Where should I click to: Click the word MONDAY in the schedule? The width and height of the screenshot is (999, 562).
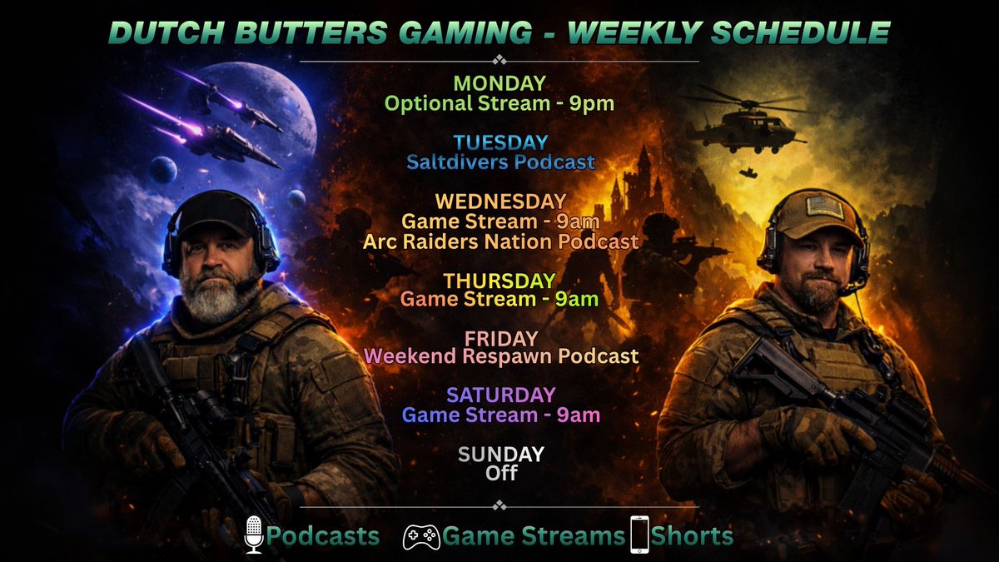click(499, 84)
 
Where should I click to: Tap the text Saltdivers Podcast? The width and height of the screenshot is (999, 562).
click(500, 162)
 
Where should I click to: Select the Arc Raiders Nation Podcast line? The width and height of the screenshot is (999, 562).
click(500, 241)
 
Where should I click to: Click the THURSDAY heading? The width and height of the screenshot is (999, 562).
click(499, 280)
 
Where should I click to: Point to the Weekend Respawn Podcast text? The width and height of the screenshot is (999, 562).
click(500, 356)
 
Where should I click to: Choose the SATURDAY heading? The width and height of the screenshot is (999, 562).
click(499, 395)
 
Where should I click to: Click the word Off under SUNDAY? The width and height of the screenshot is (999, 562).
click(500, 473)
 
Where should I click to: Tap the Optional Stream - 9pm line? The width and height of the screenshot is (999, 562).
click(499, 104)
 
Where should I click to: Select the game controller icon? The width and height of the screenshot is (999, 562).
click(421, 536)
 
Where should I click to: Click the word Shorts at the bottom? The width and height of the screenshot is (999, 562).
click(692, 535)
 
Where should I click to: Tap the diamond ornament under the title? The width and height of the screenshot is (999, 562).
click(499, 60)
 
